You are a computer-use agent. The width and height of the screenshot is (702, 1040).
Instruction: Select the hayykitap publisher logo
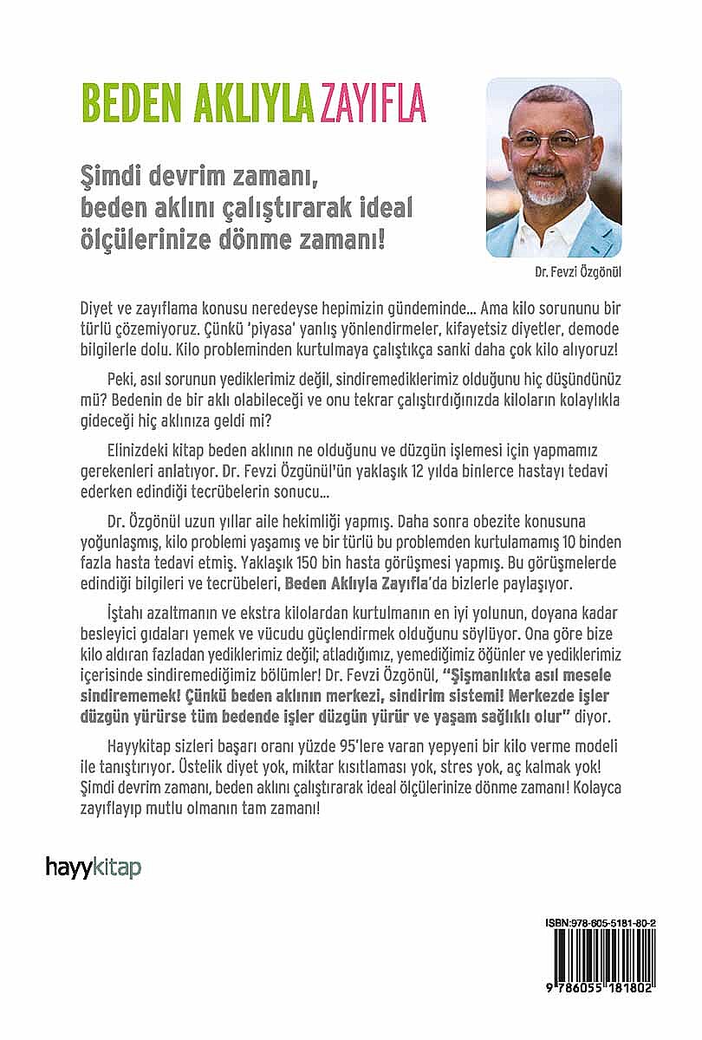pyautogui.click(x=93, y=866)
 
